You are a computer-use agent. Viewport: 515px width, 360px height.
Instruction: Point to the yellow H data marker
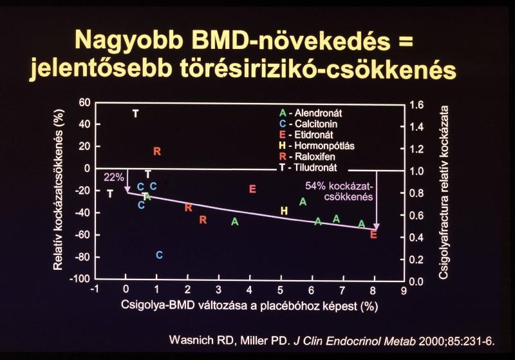tap(284, 211)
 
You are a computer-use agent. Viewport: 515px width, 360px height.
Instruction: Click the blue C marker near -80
tap(159, 255)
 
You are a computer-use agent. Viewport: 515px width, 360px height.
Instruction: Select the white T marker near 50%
tap(135, 113)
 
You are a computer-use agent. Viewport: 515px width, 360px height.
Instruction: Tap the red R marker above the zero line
tap(156, 151)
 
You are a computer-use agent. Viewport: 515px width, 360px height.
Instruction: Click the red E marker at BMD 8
tap(373, 234)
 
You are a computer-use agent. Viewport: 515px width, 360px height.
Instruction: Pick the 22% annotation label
tap(113, 176)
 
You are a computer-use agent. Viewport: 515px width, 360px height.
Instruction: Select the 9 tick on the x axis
tap(404, 290)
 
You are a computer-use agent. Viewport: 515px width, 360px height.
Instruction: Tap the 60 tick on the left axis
tap(84, 103)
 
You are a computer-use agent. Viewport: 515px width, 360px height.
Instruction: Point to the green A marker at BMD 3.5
tap(235, 222)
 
